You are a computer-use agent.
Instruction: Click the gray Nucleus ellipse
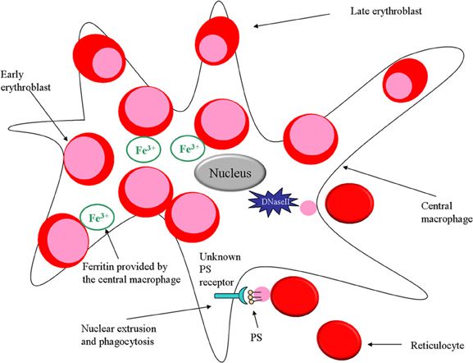(x=230, y=173)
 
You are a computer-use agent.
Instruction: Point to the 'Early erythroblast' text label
(x=27, y=78)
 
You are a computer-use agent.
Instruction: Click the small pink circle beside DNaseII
(x=307, y=209)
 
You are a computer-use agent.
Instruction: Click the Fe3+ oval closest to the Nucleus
(x=186, y=149)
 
